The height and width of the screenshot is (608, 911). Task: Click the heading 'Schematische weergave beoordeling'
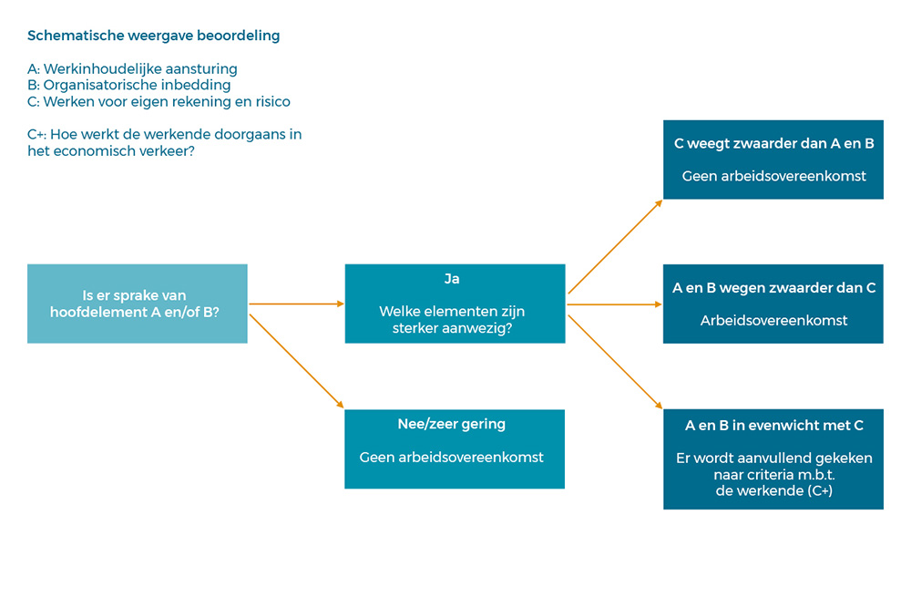pos(153,36)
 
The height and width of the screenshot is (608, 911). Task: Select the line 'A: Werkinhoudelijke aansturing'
pos(132,69)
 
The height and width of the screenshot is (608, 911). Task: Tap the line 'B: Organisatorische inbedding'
pos(129,86)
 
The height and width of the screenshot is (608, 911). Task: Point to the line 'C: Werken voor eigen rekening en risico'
pos(159,102)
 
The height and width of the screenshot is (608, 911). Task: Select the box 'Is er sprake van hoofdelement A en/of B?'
pos(138,304)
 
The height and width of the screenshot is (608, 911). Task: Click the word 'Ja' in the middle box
pos(452,279)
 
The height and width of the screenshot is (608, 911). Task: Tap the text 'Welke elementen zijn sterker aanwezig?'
pos(452,320)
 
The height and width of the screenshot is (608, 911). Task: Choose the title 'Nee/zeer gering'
pos(452,424)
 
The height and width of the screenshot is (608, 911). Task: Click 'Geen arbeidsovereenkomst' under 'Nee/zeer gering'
pos(452,458)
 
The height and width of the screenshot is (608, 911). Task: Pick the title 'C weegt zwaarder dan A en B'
pos(773,144)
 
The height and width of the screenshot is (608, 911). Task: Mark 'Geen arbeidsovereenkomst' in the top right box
pos(773,176)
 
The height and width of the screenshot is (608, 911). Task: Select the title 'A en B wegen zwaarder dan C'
pos(773,288)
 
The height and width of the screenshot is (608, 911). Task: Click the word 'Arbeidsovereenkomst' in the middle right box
pos(773,320)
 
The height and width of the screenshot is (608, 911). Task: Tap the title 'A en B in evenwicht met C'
pos(773,426)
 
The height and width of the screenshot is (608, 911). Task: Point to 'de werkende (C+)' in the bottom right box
pos(773,490)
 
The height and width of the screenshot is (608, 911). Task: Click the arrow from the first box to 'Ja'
pos(296,304)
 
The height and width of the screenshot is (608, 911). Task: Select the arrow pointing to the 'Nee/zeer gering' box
pos(296,361)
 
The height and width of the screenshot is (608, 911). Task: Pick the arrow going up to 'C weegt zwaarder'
pos(615,247)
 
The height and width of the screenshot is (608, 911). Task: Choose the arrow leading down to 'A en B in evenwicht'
pos(615,362)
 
